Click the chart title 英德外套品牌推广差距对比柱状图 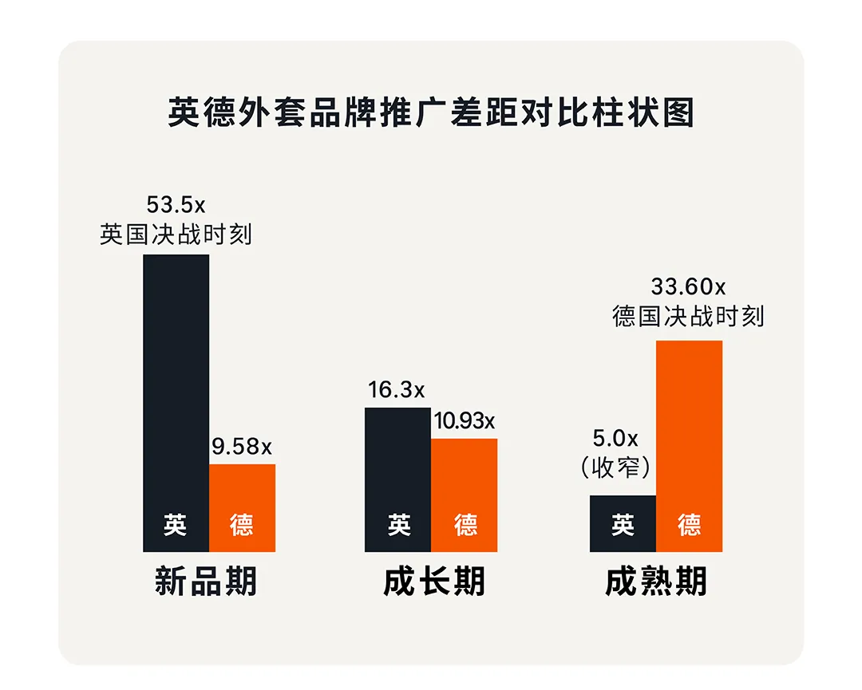(x=431, y=113)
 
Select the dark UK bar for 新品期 (x=176, y=383)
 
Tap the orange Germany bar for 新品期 (x=242, y=495)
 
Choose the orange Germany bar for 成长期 (x=464, y=479)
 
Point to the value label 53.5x (x=176, y=205)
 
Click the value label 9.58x (x=242, y=448)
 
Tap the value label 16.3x (x=397, y=391)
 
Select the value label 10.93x (x=464, y=421)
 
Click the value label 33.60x (x=688, y=286)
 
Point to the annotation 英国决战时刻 (x=176, y=235)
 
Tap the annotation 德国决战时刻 (x=688, y=316)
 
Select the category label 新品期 (x=207, y=582)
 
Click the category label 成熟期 (x=656, y=582)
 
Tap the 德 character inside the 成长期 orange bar (x=466, y=525)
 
